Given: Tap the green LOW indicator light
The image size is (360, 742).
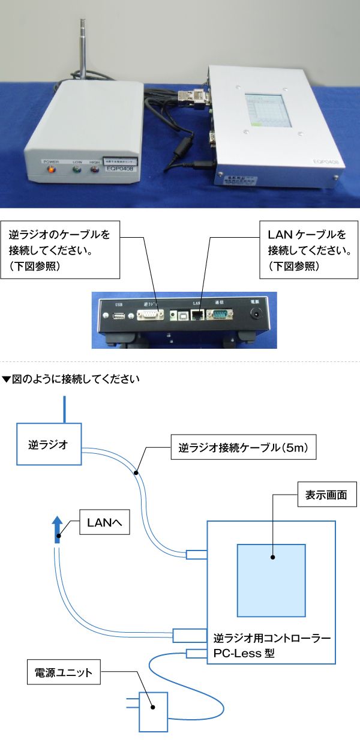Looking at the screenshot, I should click(76, 169).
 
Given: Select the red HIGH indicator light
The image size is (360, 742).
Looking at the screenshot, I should click(94, 169).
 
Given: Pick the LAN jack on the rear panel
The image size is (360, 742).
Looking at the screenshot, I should click(196, 316).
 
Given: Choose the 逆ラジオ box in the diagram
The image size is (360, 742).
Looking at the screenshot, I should click(49, 445).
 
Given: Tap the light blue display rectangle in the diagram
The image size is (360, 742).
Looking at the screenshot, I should click(271, 579).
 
